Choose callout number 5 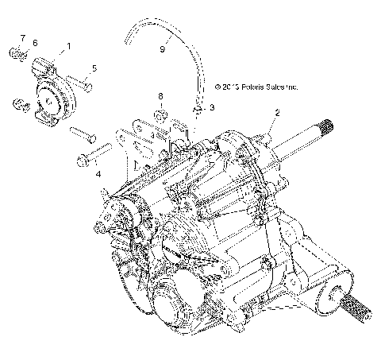click(94, 69)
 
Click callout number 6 click(34, 43)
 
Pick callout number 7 click(22, 38)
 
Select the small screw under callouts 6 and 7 click(17, 54)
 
